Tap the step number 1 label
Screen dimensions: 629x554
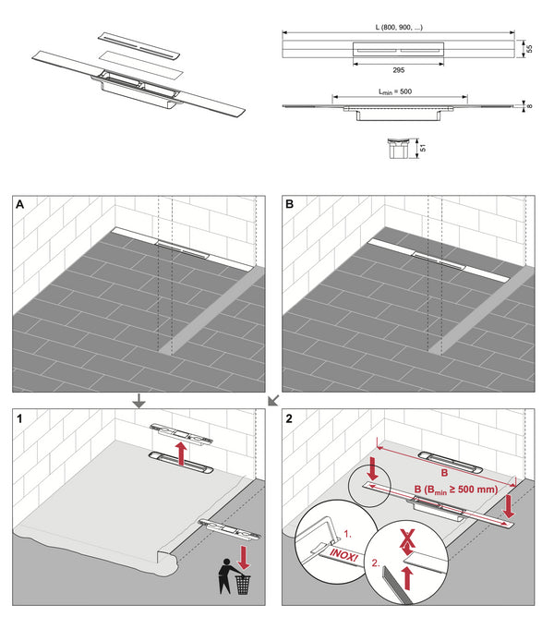coord(20,418)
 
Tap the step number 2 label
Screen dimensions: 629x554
coord(289,418)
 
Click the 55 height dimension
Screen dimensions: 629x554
coord(528,45)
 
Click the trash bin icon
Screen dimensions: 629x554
coord(243,585)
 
